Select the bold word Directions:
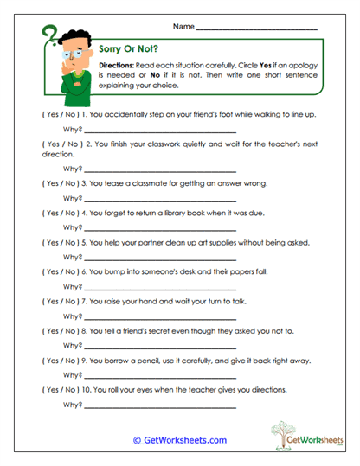pyautogui.click(x=114, y=66)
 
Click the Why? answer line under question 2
pyautogui.click(x=160, y=169)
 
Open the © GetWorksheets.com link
pyautogui.click(x=180, y=440)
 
